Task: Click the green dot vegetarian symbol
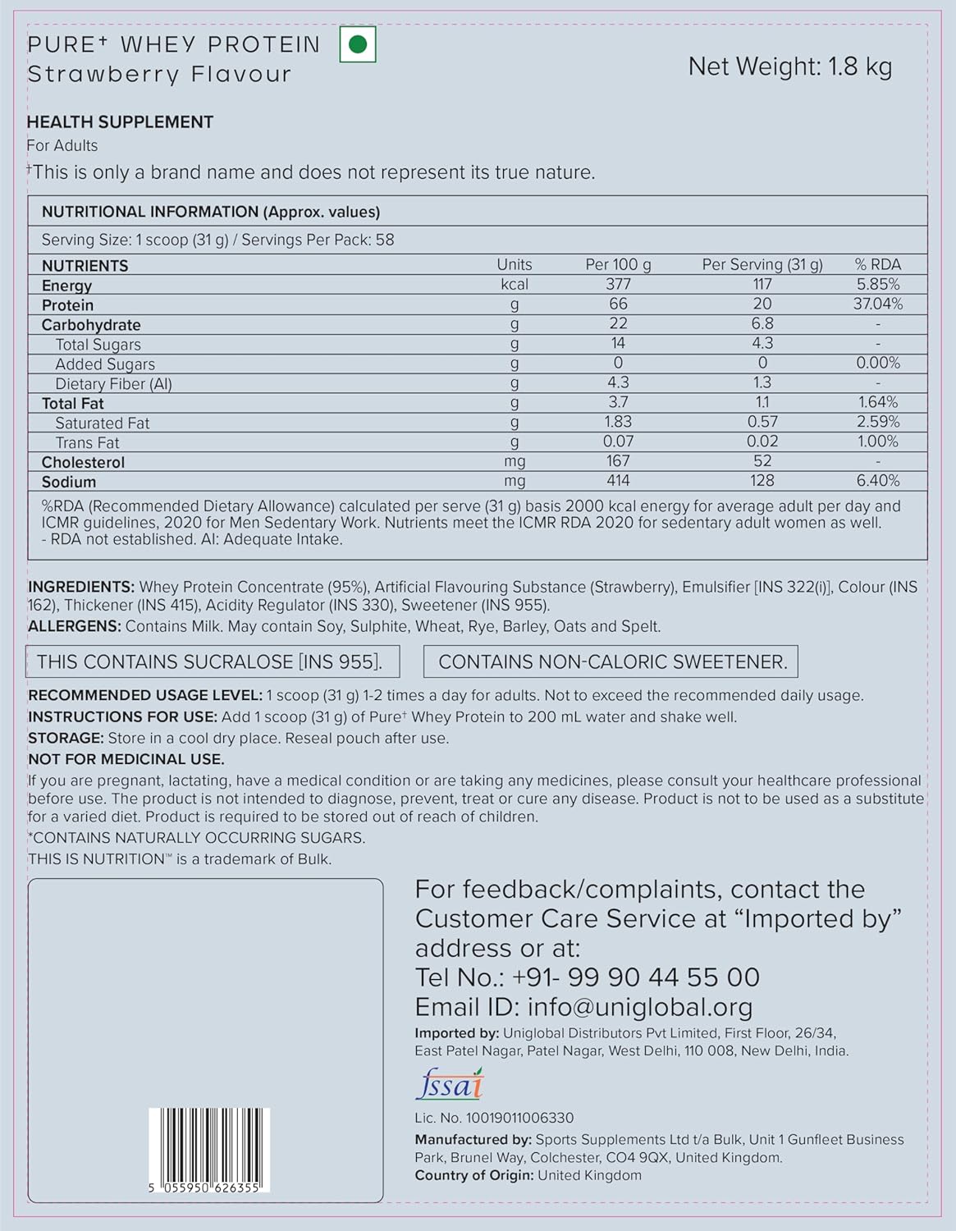tap(358, 45)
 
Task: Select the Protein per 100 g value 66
tap(618, 304)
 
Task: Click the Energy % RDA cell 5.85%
tap(877, 285)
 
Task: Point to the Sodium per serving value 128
tap(762, 481)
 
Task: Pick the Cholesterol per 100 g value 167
tap(618, 461)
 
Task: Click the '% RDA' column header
tap(877, 264)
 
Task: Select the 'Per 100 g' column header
tap(618, 264)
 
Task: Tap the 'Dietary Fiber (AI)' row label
tap(113, 384)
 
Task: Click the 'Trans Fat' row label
tap(87, 442)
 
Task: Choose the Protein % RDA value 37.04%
tap(877, 304)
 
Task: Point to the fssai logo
tap(450, 1085)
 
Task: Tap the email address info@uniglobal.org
tap(639, 1007)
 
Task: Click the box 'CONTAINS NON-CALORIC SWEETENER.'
tap(611, 662)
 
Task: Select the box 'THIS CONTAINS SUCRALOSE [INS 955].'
tap(214, 662)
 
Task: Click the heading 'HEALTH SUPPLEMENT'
tap(120, 122)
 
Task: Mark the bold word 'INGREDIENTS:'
tap(81, 587)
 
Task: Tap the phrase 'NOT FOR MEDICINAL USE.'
tap(126, 759)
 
